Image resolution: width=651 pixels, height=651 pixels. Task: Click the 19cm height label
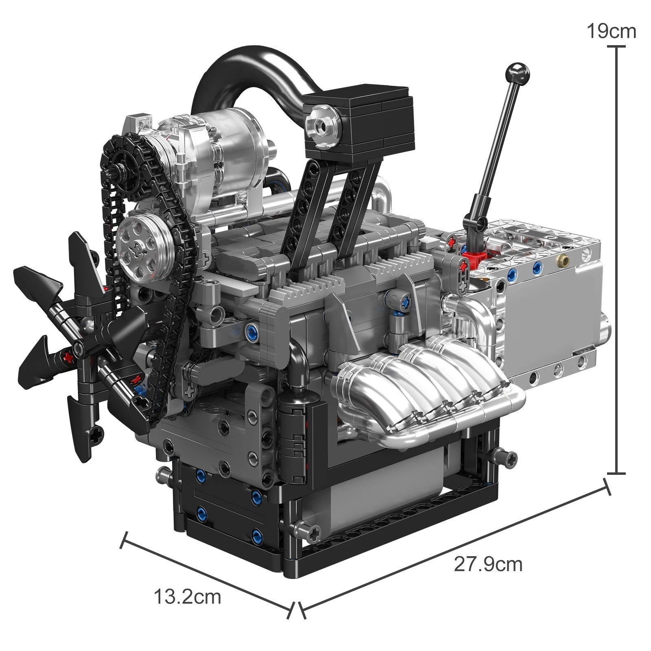point(611,31)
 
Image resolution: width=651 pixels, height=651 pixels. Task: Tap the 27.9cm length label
point(488,564)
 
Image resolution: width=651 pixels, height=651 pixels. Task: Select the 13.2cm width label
point(187,597)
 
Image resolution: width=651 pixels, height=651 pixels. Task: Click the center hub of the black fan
point(79,345)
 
